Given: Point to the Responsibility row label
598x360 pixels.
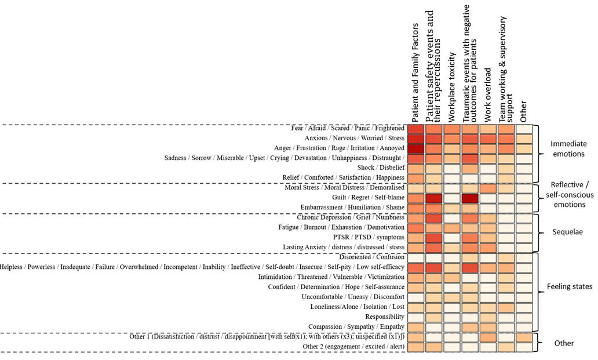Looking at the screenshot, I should pos(385,317).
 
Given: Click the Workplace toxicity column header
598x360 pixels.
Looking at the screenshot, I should pos(453,87).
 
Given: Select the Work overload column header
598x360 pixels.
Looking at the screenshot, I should pos(488,95).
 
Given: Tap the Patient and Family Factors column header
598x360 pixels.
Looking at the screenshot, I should pos(415,72).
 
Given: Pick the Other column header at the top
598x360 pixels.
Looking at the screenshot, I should pos(524,111).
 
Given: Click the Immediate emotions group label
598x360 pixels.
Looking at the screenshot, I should pos(568,148).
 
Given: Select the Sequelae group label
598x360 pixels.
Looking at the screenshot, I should pos(568,232).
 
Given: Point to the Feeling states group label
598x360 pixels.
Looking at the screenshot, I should pos(570,286).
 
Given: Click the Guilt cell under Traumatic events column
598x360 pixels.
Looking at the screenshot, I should pos(470,198).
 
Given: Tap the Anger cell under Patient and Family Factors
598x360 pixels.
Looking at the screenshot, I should pos(415,148).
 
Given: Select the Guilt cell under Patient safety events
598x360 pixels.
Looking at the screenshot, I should pos(433,198).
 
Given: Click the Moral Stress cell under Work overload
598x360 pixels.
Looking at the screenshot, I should pos(488,188).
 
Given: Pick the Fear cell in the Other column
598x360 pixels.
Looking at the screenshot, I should pos(524,129).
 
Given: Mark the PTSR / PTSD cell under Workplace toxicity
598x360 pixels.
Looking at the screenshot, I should pos(452,237).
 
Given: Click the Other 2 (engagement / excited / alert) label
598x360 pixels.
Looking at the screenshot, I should pos(353,347).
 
